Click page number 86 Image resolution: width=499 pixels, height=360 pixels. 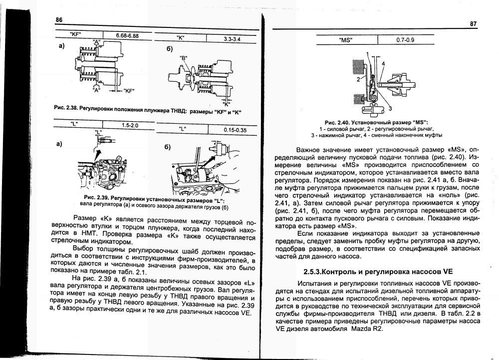(x=59, y=20)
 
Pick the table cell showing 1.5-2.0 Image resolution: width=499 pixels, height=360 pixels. (x=130, y=125)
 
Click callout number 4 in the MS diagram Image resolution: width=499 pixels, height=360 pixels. (x=383, y=64)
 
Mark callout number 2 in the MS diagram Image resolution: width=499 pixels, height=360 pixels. (x=358, y=79)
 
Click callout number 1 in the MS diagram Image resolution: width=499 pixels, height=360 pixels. (x=367, y=54)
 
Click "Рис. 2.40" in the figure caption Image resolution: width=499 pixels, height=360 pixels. (x=337, y=122)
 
